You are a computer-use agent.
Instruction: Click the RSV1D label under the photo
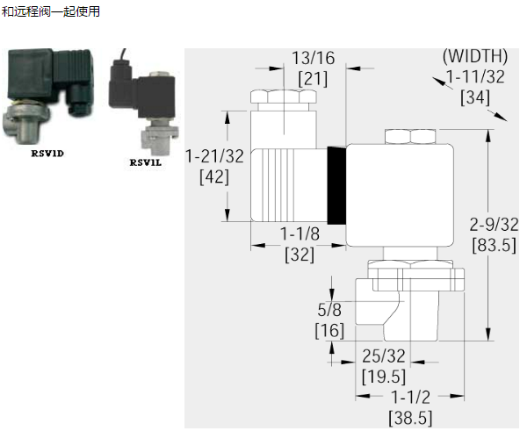[47, 154]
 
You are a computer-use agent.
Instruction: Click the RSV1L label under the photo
[145, 162]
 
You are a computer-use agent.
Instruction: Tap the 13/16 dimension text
[314, 58]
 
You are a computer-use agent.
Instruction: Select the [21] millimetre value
[313, 79]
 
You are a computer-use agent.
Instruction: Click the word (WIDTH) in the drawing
[475, 55]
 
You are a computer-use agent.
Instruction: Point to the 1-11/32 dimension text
[475, 76]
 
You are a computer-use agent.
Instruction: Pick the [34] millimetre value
[475, 97]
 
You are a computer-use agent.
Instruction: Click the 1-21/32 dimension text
[214, 156]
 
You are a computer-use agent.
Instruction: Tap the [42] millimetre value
[214, 177]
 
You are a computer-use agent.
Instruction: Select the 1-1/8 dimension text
[300, 233]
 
